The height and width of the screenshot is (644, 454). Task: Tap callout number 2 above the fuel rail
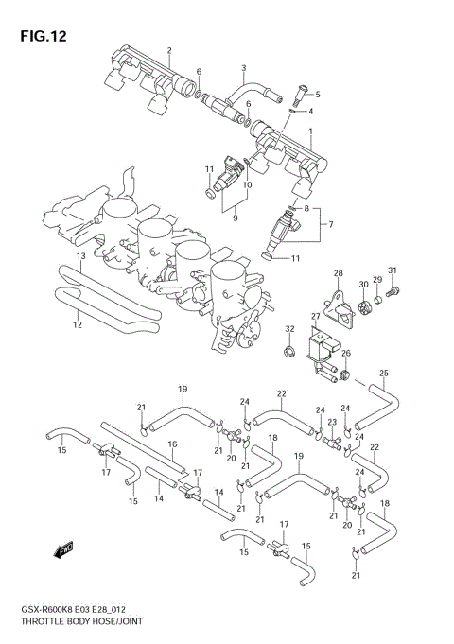coord(168,50)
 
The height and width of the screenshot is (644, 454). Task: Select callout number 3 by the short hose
coord(243,68)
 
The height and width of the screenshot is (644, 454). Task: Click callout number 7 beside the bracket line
coord(330,224)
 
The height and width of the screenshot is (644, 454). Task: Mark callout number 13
coord(81,256)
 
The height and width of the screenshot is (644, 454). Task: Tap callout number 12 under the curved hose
coord(78,325)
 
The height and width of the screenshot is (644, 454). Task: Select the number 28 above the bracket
coord(338,273)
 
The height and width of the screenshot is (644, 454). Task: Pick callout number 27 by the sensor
coord(316,317)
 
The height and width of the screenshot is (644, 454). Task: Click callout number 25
coord(384,373)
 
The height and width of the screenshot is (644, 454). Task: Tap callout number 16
coord(173,444)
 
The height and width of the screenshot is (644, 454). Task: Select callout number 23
coord(332,422)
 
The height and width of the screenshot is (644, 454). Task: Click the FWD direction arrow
coord(65,548)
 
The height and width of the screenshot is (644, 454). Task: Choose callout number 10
coord(247,185)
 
